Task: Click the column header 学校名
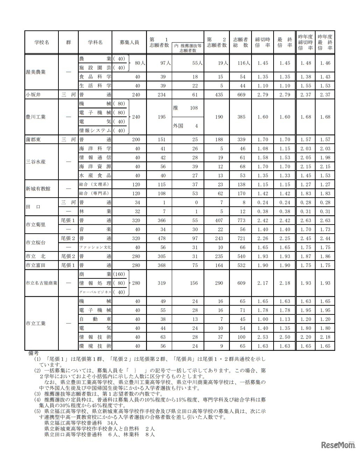(x=42, y=42)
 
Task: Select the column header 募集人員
(x=129, y=42)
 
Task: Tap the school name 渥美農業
(x=35, y=72)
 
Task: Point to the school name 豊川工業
(x=35, y=117)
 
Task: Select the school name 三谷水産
(x=35, y=162)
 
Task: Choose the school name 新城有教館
(x=37, y=189)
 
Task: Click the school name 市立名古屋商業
(x=41, y=283)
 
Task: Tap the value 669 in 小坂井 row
(x=241, y=94)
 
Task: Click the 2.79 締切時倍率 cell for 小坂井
(x=262, y=94)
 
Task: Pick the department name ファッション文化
(x=95, y=247)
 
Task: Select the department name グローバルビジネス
(x=95, y=292)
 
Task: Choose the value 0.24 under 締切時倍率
(x=262, y=203)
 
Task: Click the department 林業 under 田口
(x=95, y=211)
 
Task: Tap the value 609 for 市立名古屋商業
(x=241, y=283)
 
